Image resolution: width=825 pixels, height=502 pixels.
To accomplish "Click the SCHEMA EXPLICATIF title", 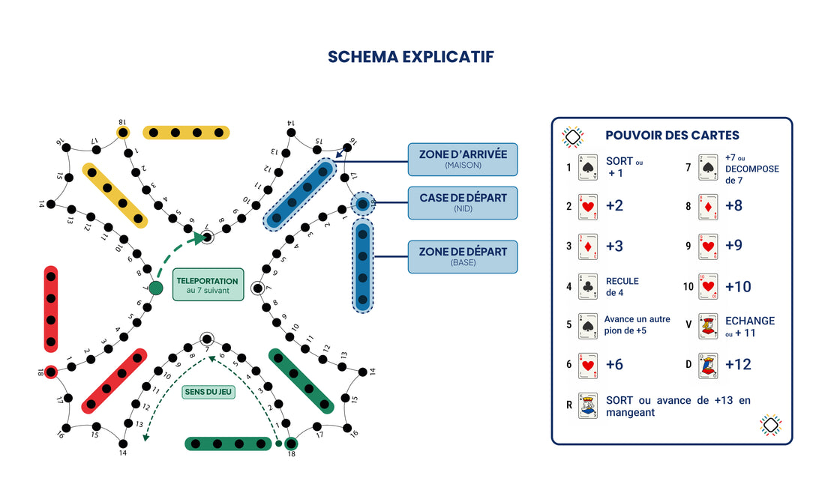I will point(411,57).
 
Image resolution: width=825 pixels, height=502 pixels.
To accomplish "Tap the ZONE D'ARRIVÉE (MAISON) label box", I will point(463,159).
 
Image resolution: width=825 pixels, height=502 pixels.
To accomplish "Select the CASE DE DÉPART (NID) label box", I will point(463,202).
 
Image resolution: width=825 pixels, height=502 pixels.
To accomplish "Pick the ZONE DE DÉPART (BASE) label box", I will point(463,256).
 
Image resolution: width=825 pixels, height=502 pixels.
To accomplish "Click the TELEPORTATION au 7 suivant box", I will point(208,285).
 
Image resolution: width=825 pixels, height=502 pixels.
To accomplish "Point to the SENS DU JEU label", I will point(208,392).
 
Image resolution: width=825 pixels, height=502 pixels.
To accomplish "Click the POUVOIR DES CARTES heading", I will point(672,136).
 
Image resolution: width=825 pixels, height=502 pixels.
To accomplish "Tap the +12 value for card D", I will point(738,366).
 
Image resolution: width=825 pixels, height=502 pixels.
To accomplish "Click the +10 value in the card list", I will point(738,287).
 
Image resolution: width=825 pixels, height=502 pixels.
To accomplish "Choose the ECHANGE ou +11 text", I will point(750,326).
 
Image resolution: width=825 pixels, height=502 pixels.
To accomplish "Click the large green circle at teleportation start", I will point(156,288).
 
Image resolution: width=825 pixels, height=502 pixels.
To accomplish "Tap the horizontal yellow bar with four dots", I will point(186,133).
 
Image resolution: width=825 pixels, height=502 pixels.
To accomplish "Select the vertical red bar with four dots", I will point(51,309).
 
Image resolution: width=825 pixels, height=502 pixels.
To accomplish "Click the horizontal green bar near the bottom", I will point(228,444).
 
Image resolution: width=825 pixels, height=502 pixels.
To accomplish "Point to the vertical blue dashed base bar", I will point(362,266).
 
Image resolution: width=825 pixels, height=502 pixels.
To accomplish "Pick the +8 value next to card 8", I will point(733,206).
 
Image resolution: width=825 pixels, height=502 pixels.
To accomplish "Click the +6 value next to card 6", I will point(614,365).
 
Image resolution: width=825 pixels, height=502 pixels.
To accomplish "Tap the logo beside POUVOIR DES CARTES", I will point(573,136).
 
